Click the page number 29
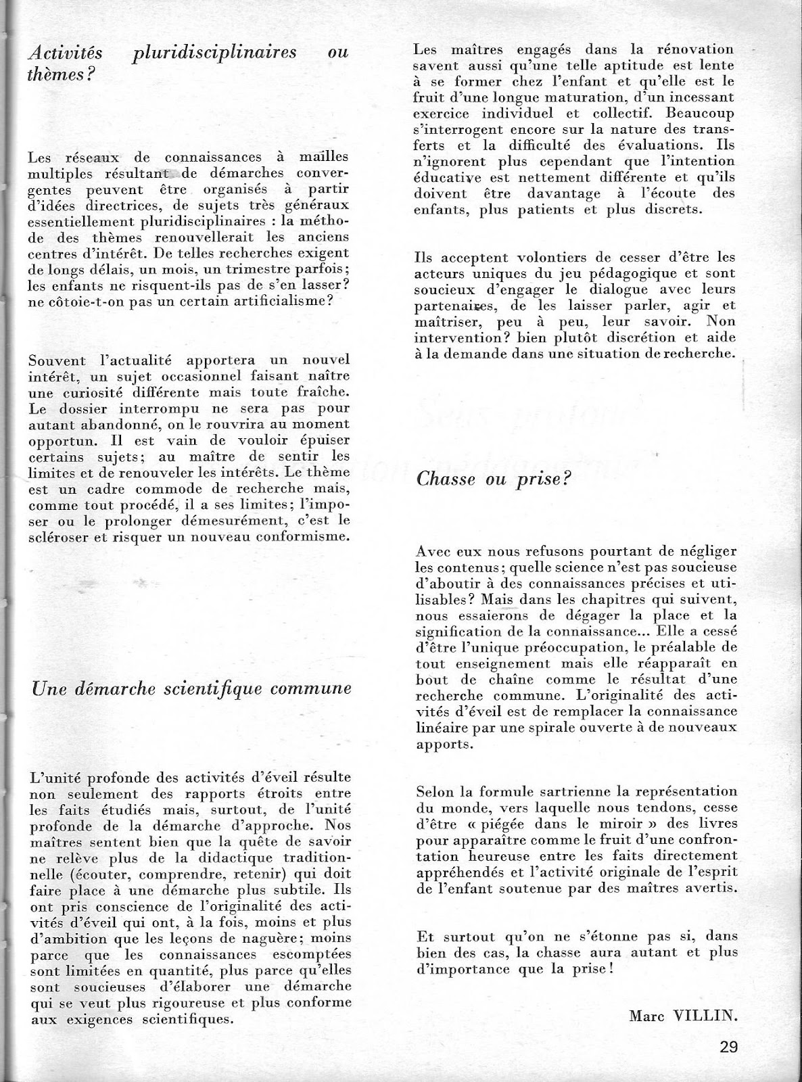[x=728, y=1047]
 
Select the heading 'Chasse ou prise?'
[x=494, y=479]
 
